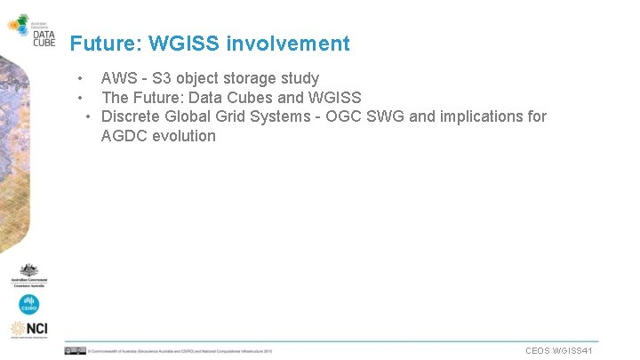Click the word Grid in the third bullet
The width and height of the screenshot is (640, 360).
(x=234, y=116)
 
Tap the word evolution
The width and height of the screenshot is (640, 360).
(x=185, y=136)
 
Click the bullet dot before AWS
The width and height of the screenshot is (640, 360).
(x=80, y=78)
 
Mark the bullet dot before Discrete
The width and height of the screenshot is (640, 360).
(x=90, y=116)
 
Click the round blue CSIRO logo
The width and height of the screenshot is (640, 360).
(x=29, y=305)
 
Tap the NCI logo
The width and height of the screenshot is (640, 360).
(x=29, y=330)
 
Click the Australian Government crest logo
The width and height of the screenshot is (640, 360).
(x=29, y=275)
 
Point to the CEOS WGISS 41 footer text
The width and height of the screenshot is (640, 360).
(x=559, y=351)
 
